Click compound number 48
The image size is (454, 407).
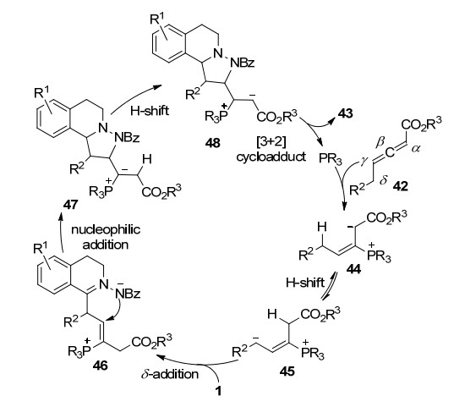(213, 143)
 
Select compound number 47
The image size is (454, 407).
(71, 205)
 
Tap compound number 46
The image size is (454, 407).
(100, 366)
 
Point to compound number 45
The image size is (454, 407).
(287, 371)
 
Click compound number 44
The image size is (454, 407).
(354, 269)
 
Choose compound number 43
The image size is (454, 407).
(346, 113)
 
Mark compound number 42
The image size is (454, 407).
(400, 186)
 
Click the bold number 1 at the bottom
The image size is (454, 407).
(218, 391)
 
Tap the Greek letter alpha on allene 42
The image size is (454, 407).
(415, 148)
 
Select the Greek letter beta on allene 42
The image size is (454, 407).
(380, 142)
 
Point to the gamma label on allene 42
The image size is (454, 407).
(364, 162)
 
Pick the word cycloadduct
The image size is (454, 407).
(271, 157)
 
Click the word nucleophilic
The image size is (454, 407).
(106, 229)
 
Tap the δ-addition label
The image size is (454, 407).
(170, 374)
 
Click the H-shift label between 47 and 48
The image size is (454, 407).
(150, 111)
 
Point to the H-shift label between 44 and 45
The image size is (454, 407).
(305, 282)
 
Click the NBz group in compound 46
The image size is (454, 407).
(128, 294)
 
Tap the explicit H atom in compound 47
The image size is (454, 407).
(147, 159)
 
